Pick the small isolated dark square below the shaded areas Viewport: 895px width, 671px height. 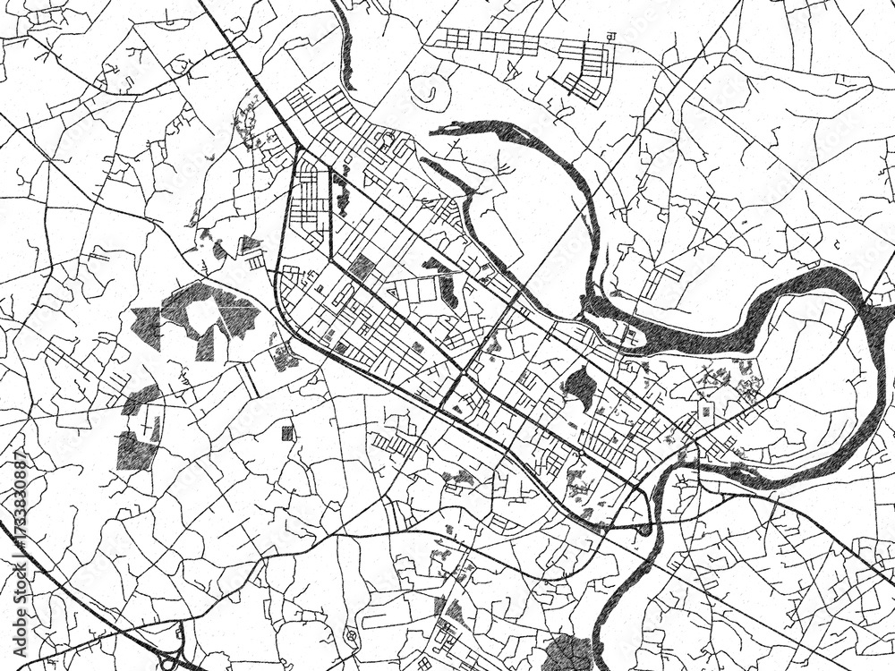click(287, 434)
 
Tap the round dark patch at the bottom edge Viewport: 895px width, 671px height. click(567, 655)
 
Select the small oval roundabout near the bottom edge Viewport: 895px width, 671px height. click(350, 638)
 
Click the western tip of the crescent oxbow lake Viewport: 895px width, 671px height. click(435, 132)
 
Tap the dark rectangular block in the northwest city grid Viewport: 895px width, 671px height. click(362, 267)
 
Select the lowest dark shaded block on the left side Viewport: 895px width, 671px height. click(135, 449)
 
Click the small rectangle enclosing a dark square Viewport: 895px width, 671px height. click(705, 410)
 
